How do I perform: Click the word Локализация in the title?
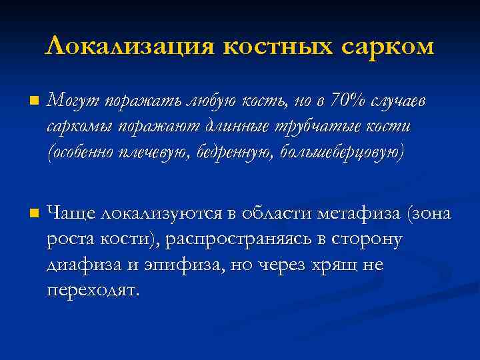[129, 47]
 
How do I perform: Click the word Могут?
[70, 101]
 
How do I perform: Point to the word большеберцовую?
[341, 152]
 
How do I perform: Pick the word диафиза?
[82, 265]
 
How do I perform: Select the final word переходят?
[94, 291]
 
